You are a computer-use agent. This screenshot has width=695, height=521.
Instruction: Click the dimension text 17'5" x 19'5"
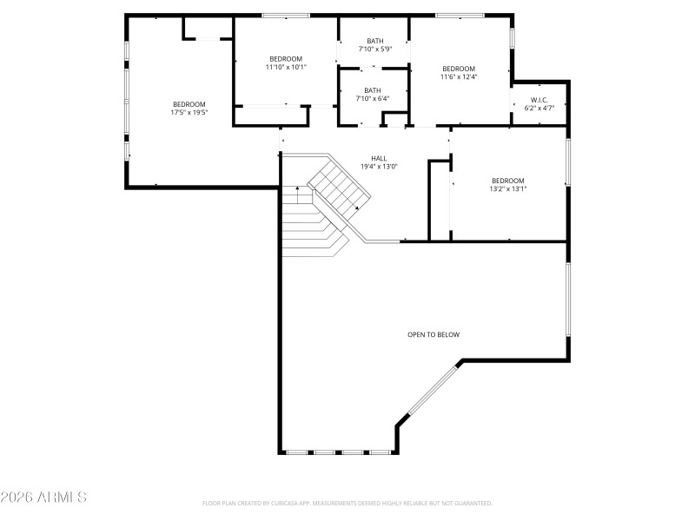tap(189, 112)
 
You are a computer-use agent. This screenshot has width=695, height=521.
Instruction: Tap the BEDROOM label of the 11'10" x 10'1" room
tap(286, 58)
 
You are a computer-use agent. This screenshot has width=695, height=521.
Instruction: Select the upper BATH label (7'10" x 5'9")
tap(374, 41)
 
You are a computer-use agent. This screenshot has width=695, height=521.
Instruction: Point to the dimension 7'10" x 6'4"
tap(373, 98)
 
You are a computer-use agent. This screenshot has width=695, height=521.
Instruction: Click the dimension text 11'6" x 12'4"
tap(459, 77)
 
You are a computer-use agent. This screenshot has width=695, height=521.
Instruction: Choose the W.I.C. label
tap(539, 100)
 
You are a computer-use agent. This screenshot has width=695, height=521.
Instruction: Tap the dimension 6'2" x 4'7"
tap(539, 109)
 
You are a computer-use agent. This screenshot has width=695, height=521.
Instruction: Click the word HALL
tap(379, 158)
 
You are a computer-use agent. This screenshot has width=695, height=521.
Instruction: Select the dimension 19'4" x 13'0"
tap(379, 167)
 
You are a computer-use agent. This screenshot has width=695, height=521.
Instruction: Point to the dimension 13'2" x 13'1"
tap(508, 188)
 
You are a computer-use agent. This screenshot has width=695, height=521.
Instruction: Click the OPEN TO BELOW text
tap(434, 334)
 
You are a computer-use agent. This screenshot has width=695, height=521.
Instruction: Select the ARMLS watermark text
tap(43, 498)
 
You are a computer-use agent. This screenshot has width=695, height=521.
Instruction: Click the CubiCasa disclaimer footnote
tap(347, 503)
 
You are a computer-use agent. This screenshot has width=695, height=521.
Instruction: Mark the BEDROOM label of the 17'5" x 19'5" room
tap(189, 104)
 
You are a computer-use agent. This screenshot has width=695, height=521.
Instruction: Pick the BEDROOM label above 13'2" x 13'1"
tap(508, 181)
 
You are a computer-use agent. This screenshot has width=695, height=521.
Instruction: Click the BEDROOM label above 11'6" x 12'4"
tap(459, 69)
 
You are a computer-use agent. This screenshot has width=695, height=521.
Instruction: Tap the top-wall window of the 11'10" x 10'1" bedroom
tap(286, 16)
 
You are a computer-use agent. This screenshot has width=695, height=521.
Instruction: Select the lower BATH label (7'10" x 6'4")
tap(373, 90)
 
